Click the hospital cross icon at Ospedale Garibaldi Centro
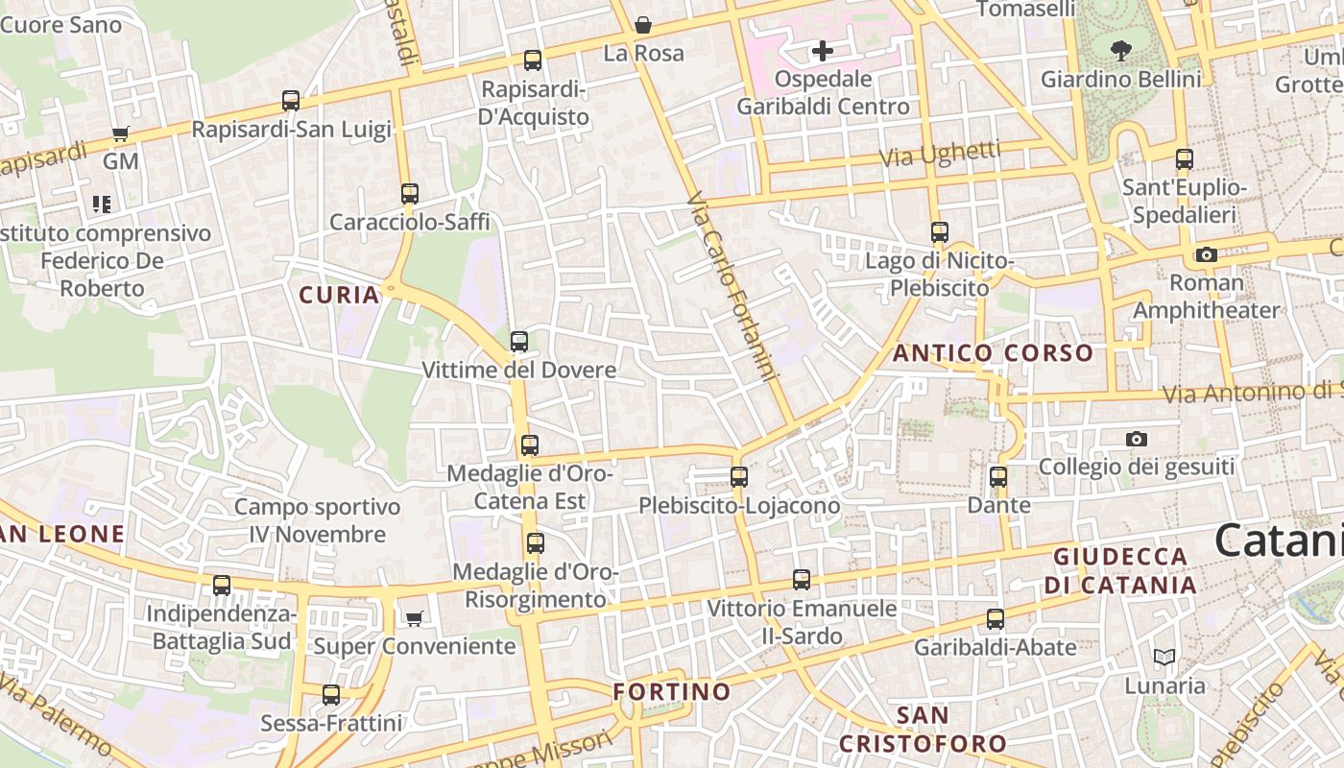click(822, 51)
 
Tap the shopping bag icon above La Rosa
click(643, 25)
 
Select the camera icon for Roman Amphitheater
click(1207, 254)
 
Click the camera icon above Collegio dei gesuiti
click(1137, 439)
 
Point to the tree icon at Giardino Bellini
click(1120, 50)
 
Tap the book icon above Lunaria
click(1164, 658)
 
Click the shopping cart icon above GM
click(121, 133)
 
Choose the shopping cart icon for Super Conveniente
click(415, 618)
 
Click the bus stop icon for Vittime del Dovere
click(519, 341)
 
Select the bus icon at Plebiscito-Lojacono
click(738, 476)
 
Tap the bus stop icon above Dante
click(998, 476)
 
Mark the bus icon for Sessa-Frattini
click(331, 694)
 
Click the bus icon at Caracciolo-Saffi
click(410, 193)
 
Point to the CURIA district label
click(340, 295)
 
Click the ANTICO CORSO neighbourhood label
click(993, 353)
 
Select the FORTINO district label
click(672, 691)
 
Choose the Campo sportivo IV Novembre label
click(317, 520)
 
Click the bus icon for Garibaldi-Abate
click(996, 619)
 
